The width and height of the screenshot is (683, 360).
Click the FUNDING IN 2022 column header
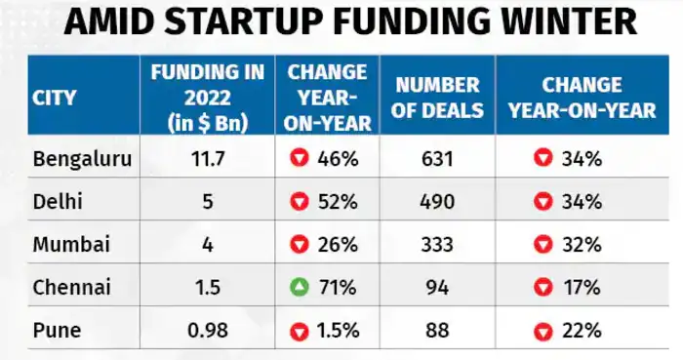[x=200, y=99]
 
